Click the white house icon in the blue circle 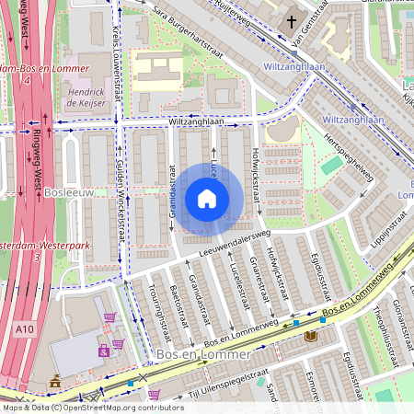click(207, 199)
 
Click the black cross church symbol click(292, 21)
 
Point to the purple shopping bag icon click(104, 351)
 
